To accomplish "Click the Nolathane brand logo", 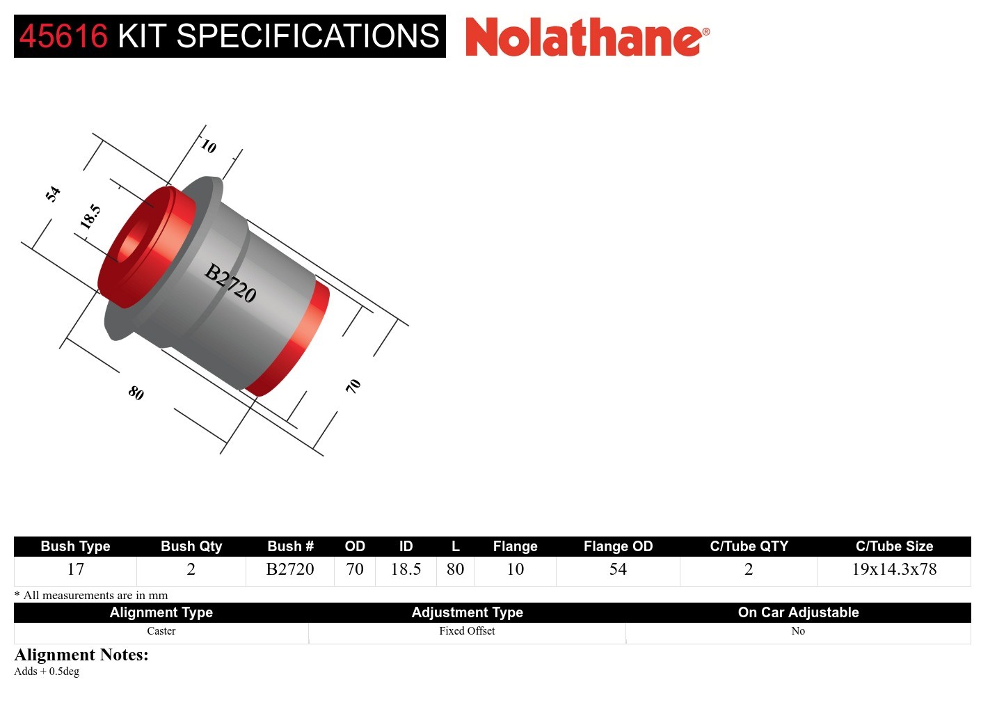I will click(x=587, y=37).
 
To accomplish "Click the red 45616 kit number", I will click(x=64, y=36).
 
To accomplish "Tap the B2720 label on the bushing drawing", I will click(x=231, y=283).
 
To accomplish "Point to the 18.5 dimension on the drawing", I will click(x=90, y=216).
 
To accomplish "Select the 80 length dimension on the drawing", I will click(x=136, y=393).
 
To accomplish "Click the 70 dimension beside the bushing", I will click(x=353, y=386).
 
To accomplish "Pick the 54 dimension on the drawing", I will click(x=53, y=193).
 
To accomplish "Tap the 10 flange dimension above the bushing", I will click(x=208, y=146).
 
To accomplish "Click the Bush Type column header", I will click(x=75, y=546).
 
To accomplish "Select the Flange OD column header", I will click(x=618, y=546).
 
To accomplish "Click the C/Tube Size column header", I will click(x=894, y=546).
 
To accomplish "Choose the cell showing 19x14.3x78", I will click(x=894, y=569).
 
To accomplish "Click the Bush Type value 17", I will click(x=75, y=569).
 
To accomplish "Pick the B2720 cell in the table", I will click(x=290, y=569).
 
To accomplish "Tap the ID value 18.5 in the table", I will click(x=406, y=569).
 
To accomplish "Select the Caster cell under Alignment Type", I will click(x=161, y=631).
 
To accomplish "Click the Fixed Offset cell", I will click(x=467, y=631).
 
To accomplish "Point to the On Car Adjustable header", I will click(x=798, y=612).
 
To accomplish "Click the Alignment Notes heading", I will click(x=81, y=655).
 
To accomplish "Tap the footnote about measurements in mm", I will click(x=91, y=595).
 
